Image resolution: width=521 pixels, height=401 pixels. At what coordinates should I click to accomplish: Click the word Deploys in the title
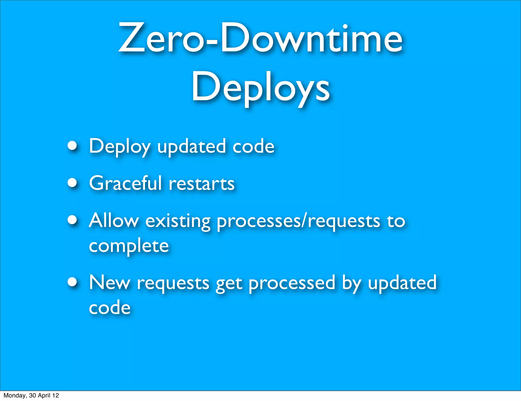(x=260, y=88)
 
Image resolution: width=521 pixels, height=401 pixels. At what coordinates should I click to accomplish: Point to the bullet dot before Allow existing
(x=73, y=220)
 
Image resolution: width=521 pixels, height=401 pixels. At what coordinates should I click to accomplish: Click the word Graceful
(x=125, y=183)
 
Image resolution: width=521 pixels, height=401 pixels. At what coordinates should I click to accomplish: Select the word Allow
(x=114, y=220)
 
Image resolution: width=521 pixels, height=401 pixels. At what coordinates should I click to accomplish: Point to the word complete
(x=129, y=246)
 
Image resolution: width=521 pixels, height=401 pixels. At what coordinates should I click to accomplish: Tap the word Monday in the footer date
(x=15, y=395)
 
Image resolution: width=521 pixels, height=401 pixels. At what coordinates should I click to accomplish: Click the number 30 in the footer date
(x=32, y=395)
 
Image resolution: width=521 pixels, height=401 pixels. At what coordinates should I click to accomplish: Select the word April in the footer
(x=44, y=395)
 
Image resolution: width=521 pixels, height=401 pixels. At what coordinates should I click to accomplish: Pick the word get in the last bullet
(x=229, y=284)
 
